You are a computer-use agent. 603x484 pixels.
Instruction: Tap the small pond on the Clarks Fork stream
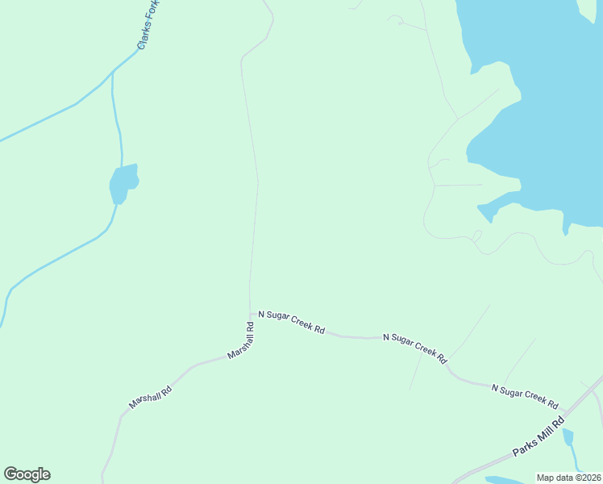point(123,183)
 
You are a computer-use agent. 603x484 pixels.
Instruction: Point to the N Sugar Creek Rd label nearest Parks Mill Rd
point(525,395)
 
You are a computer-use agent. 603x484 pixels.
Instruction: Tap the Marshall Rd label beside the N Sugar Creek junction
point(240,341)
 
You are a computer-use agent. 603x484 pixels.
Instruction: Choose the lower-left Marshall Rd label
point(151,397)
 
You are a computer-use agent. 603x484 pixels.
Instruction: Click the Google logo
point(27,474)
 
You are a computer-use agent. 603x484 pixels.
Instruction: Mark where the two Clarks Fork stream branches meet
point(112,73)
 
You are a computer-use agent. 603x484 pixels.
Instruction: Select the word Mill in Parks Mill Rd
point(542,436)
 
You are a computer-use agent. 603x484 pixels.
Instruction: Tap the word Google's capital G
point(10,474)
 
